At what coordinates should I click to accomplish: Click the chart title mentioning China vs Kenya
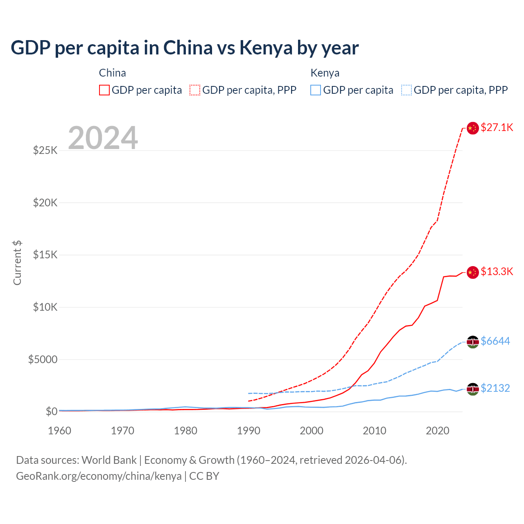(185, 48)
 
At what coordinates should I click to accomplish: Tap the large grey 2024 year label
(103, 138)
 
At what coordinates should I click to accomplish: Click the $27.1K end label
(497, 127)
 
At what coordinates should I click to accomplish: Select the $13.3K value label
(497, 271)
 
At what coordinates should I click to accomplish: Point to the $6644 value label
(495, 341)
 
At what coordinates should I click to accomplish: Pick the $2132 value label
(495, 388)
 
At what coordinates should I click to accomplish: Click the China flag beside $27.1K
(473, 128)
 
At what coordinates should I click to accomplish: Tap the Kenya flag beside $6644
(473, 342)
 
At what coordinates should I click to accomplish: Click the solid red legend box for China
(104, 90)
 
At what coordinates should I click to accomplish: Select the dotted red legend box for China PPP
(195, 90)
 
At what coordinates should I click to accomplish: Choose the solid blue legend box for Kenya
(316, 90)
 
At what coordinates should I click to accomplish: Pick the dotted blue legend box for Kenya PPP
(407, 90)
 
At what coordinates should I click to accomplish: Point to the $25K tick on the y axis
(45, 150)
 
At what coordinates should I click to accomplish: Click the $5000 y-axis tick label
(43, 359)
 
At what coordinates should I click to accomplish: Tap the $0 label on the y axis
(51, 411)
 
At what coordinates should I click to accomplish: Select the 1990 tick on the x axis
(248, 431)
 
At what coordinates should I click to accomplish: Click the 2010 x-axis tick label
(375, 431)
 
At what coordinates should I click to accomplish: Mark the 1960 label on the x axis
(60, 431)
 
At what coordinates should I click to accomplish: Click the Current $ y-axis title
(17, 263)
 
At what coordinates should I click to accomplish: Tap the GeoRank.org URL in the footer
(99, 476)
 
